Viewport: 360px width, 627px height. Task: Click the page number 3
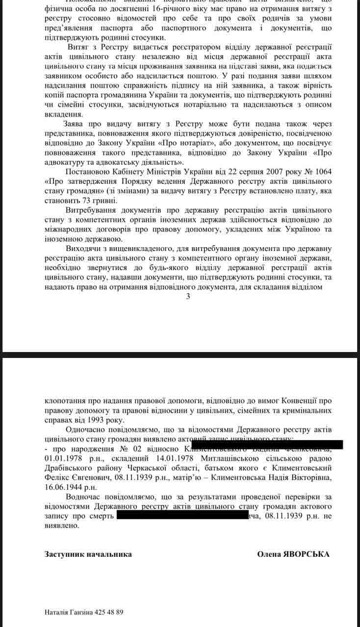[x=188, y=297]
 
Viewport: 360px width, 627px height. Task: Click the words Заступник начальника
[x=88, y=554]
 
